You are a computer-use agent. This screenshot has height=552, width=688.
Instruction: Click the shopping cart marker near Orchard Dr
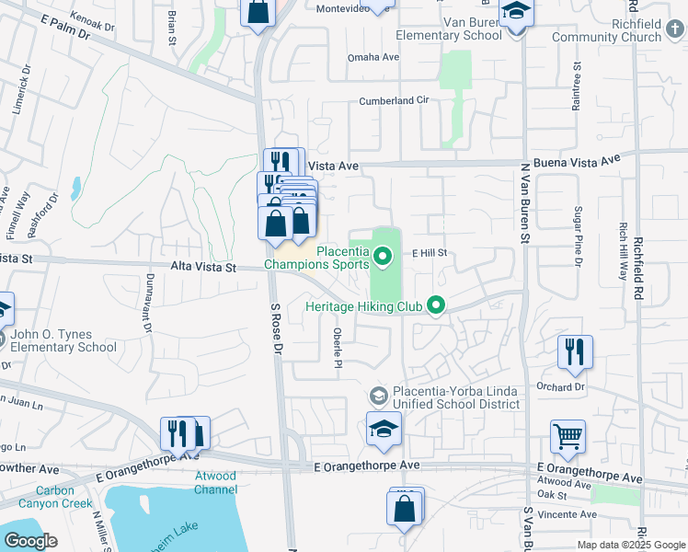coord(568,438)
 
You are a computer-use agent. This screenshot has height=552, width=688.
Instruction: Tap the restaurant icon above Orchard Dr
coord(575,351)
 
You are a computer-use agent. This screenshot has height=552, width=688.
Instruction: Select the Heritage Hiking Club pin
coord(437,305)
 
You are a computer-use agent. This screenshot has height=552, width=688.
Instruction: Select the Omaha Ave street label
coord(373,57)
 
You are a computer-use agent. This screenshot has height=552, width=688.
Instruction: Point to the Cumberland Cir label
coord(394,100)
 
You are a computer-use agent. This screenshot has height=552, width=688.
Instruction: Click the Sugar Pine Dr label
coord(579,236)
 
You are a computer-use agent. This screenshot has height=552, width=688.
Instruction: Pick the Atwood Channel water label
coord(216,482)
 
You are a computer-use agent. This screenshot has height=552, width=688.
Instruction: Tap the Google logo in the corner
coord(30,540)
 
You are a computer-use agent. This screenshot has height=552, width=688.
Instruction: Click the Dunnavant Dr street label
coord(146,306)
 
